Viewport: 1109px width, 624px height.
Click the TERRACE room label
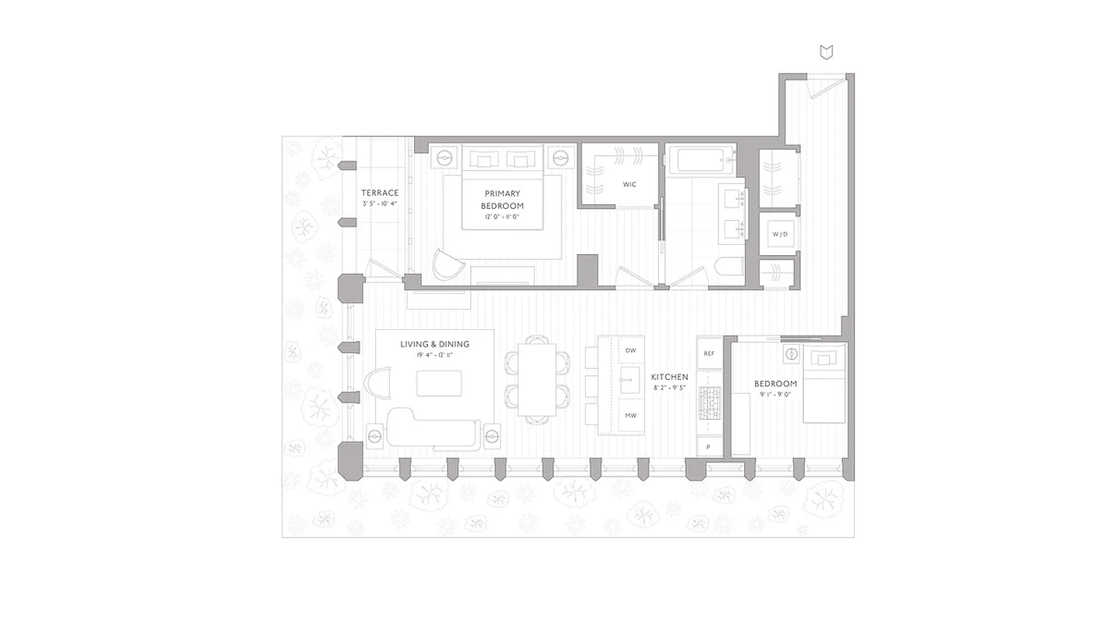click(380, 193)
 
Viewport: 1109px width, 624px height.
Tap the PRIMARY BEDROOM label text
click(502, 200)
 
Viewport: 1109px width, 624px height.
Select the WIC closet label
click(629, 185)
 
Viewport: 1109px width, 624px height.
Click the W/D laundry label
click(779, 234)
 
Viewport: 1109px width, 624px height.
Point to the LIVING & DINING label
click(435, 344)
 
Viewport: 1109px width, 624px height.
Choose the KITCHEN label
click(669, 377)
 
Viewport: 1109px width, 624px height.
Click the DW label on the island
click(630, 351)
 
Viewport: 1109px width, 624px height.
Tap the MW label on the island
click(630, 416)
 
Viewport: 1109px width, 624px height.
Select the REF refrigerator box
click(709, 353)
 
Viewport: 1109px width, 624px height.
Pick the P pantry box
click(709, 447)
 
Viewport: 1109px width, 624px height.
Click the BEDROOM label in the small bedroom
click(775, 384)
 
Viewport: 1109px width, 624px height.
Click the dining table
click(537, 379)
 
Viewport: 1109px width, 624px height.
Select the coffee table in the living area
click(438, 383)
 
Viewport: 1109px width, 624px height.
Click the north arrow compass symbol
click(827, 52)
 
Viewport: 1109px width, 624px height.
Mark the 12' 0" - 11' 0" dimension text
click(502, 218)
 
